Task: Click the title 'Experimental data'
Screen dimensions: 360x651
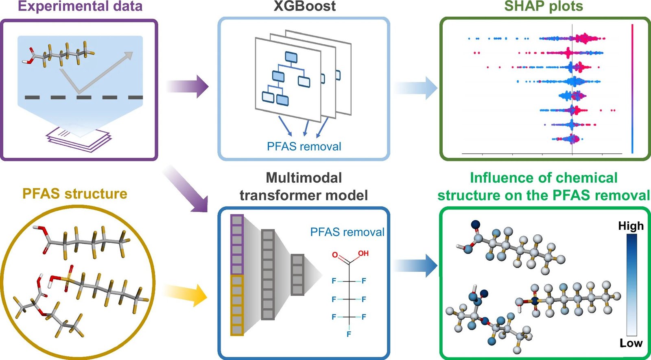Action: pyautogui.click(x=80, y=6)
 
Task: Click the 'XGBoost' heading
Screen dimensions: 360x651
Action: pyautogui.click(x=304, y=6)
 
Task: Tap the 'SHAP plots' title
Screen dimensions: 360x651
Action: pyautogui.click(x=544, y=6)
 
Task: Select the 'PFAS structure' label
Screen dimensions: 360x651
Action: pyautogui.click(x=74, y=194)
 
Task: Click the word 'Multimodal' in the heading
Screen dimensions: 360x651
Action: pyautogui.click(x=304, y=178)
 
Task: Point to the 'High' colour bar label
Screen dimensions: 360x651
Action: pyautogui.click(x=631, y=226)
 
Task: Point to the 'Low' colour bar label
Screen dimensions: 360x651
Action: pyautogui.click(x=631, y=343)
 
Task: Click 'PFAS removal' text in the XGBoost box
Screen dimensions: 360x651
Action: pyautogui.click(x=304, y=146)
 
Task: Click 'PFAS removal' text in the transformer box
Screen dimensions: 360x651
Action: pyautogui.click(x=347, y=232)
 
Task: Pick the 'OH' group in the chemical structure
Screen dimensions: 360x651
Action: pyautogui.click(x=363, y=253)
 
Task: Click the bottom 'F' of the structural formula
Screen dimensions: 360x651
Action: pyautogui.click(x=349, y=334)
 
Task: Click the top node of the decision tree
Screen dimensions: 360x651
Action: pyautogui.click(x=291, y=57)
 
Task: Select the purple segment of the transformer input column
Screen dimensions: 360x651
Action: pyautogui.click(x=237, y=244)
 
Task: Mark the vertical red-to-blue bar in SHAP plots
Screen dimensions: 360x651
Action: pyautogui.click(x=632, y=89)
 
